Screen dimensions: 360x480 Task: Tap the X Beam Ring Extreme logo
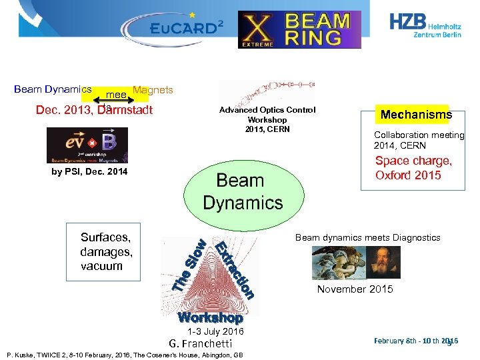pos(299,29)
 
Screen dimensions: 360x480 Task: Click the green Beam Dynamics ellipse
pos(243,191)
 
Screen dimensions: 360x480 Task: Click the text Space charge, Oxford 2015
pos(413,168)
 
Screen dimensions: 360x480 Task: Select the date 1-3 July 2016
pos(215,331)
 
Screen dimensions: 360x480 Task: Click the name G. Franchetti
pos(200,343)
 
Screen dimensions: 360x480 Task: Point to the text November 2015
pos(355,289)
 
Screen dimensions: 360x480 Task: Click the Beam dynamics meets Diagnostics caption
pos(367,237)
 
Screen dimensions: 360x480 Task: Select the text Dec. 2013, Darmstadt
pos(94,110)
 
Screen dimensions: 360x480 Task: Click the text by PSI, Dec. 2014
pos(89,172)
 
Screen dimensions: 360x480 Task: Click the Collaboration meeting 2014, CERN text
pos(419,140)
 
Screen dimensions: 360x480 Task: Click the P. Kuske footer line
pos(123,355)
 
